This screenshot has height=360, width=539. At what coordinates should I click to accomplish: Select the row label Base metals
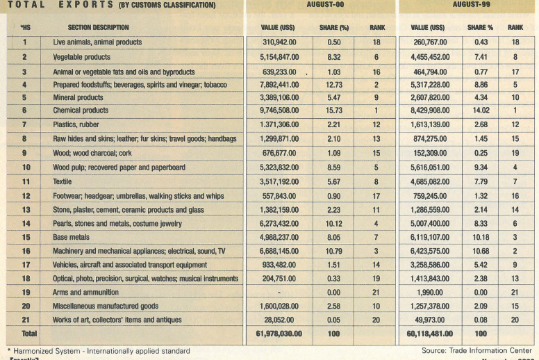[73, 238]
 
